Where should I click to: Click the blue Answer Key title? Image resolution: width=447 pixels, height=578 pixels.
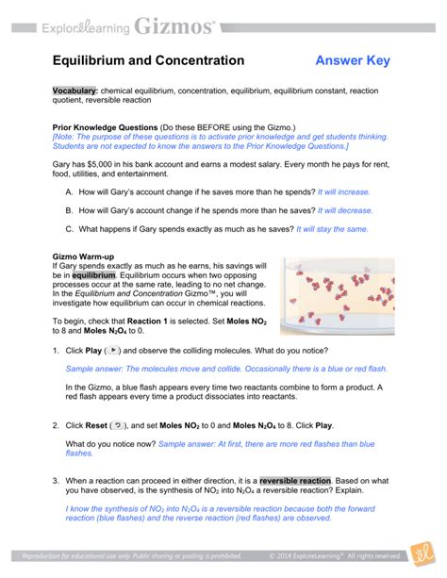[x=354, y=60]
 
